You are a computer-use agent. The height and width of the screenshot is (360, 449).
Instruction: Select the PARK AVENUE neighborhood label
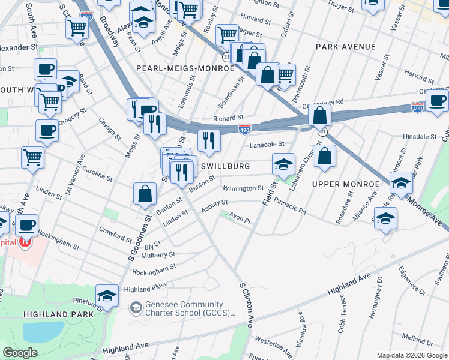pos(345,47)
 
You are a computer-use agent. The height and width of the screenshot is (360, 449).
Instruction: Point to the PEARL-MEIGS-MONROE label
pos(185,68)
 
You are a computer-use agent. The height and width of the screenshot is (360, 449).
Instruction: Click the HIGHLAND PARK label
pos(58,314)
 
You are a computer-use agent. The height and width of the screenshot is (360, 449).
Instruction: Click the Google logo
pos(20,353)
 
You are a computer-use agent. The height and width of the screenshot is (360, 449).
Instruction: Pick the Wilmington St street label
pos(243,188)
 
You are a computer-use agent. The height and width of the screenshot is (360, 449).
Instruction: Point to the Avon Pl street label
pos(238,220)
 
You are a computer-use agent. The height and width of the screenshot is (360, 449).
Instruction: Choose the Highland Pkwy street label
pos(145,289)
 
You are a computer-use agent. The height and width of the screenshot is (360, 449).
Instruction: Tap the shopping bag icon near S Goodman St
pos(145,194)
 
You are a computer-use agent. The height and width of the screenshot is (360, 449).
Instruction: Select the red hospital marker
pos(25,242)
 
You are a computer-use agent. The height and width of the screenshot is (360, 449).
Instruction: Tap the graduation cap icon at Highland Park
pos(107,295)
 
